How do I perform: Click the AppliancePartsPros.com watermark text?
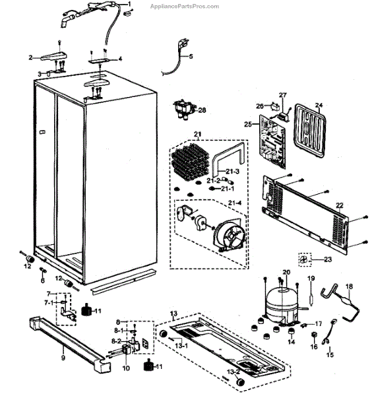(185, 7)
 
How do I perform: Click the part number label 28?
(202, 110)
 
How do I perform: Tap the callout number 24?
(319, 105)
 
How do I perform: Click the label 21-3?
(232, 172)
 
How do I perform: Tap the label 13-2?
(234, 372)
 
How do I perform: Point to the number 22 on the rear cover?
(340, 205)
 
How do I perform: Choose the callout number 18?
(349, 286)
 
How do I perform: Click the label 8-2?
(116, 341)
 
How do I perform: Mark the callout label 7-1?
(49, 302)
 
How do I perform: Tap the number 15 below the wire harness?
(330, 354)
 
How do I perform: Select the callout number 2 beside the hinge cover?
(30, 57)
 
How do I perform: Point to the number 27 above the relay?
(283, 95)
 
